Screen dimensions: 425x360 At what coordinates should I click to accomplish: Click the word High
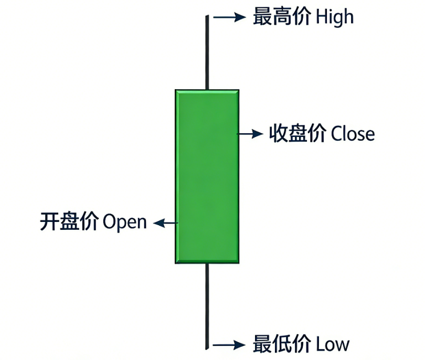coord(335,17)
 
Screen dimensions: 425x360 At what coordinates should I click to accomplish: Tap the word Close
coord(353,134)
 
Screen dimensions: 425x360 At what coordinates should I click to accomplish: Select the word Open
coord(125,222)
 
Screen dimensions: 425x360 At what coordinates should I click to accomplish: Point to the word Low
coord(332,344)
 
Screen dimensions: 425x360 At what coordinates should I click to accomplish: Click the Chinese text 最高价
coord(282,17)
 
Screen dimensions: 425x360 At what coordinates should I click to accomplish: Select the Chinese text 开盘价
coord(69,221)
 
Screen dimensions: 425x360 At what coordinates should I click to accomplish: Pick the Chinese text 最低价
coord(282,344)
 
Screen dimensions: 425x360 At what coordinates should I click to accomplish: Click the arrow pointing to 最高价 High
coord(229,17)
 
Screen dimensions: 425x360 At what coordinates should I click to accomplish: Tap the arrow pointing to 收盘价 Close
coord(250,134)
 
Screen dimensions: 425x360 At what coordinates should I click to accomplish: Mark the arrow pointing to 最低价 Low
coord(229,345)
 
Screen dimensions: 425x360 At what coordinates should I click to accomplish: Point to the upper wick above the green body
coord(208,52)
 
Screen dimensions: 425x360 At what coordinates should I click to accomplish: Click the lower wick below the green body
coord(208,304)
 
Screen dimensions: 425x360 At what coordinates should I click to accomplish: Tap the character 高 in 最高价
coord(282,17)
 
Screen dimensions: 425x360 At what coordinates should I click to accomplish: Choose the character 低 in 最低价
coord(282,344)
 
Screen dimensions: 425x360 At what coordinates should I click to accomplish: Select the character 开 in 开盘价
coord(49,221)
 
